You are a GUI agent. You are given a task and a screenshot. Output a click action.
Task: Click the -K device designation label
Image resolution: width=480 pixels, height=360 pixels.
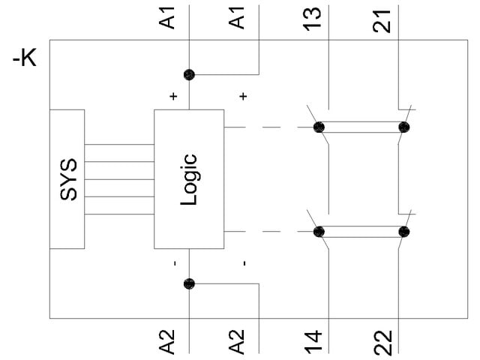click(25, 59)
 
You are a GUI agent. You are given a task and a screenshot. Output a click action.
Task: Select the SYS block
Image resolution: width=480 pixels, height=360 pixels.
click(67, 180)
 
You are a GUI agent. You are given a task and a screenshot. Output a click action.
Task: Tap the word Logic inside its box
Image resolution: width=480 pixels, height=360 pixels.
click(189, 180)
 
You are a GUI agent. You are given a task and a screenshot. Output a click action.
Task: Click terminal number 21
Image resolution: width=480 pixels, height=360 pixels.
click(383, 18)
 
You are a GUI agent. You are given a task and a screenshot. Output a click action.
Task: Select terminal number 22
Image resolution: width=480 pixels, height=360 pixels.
click(383, 341)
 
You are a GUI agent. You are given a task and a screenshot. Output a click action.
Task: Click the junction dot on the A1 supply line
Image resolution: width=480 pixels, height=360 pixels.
click(189, 74)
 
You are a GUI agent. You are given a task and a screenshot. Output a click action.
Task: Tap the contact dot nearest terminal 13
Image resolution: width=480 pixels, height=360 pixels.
click(319, 127)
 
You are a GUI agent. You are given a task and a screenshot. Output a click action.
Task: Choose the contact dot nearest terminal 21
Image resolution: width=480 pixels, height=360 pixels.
click(405, 127)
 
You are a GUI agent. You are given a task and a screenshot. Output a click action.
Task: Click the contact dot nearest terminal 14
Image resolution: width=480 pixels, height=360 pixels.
click(319, 232)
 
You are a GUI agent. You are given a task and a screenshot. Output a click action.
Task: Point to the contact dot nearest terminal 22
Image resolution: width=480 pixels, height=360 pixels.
click(405, 232)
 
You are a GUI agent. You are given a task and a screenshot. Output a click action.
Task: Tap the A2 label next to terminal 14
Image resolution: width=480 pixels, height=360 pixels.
click(238, 341)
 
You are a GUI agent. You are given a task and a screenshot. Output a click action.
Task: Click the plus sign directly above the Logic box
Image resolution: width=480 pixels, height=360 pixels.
click(174, 97)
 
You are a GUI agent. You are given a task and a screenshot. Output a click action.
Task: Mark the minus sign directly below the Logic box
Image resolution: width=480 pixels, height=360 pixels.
click(174, 263)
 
